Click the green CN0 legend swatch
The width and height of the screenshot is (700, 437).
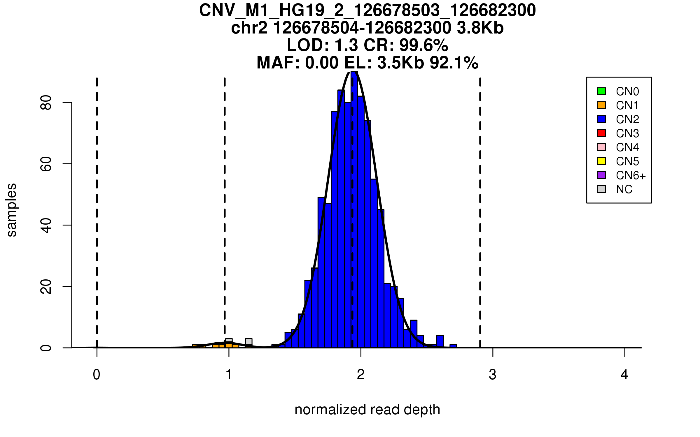(x=601, y=91)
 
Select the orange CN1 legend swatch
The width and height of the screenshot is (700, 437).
(x=601, y=105)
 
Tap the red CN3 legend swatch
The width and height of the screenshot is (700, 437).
(x=601, y=133)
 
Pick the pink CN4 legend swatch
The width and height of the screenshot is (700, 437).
(x=601, y=147)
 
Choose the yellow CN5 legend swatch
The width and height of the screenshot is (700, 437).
(x=601, y=161)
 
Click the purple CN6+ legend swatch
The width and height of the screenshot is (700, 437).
(x=601, y=175)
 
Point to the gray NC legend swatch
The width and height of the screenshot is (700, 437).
(x=601, y=189)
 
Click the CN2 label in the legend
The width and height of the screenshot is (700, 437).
(x=627, y=119)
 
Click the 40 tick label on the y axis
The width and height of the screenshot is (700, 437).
(x=46, y=225)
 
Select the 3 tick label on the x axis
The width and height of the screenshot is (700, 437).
(x=493, y=375)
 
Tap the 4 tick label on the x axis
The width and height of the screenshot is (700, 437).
(x=624, y=375)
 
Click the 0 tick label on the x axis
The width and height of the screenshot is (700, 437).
(x=97, y=375)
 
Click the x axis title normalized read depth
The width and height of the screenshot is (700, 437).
(x=367, y=410)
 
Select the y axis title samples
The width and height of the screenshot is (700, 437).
(x=12, y=210)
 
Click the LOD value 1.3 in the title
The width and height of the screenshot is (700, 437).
(x=346, y=45)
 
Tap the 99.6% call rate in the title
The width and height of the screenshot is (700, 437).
(x=423, y=45)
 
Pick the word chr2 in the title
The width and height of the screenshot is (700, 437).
(x=249, y=28)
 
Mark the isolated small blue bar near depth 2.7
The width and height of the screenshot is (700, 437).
(x=453, y=346)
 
